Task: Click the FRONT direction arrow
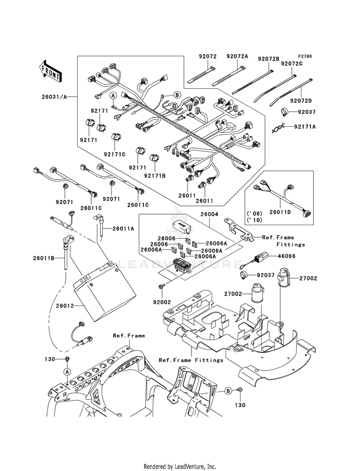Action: [50, 72]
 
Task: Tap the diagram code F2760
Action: [305, 56]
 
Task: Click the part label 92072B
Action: [268, 59]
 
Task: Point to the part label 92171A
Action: [305, 127]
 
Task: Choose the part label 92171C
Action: [115, 154]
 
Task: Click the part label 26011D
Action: [280, 212]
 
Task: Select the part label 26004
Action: [209, 215]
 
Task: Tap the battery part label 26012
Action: [64, 306]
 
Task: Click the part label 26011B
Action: [44, 258]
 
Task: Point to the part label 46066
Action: [287, 256]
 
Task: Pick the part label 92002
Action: [162, 302]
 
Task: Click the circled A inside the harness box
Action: [113, 96]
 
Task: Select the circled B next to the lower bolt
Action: [228, 391]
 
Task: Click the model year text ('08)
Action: [254, 214]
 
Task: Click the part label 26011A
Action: [123, 229]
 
